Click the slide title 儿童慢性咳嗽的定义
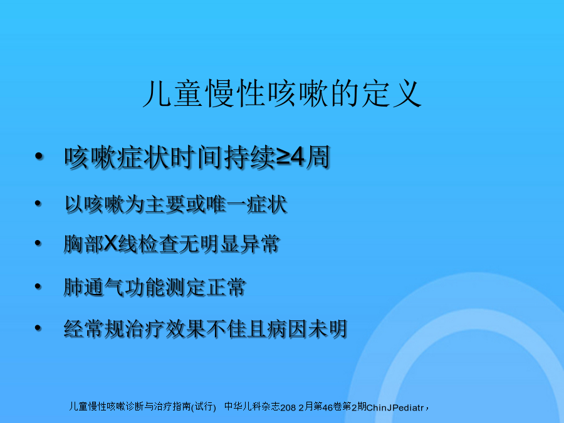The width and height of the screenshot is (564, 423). (x=282, y=93)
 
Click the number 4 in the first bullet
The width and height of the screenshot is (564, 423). (x=298, y=157)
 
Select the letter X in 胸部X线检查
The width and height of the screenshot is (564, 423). (x=110, y=244)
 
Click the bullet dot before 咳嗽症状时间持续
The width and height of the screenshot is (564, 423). (x=39, y=156)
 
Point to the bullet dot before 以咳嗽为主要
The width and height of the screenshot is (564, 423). (x=38, y=204)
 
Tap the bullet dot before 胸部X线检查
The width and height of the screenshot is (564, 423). (x=38, y=243)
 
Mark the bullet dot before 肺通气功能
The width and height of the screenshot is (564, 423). (x=38, y=286)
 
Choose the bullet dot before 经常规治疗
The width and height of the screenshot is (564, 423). (x=38, y=328)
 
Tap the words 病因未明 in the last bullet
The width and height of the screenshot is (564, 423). (x=307, y=329)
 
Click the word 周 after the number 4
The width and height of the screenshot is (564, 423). (x=318, y=157)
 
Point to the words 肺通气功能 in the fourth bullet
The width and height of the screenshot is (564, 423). (x=114, y=287)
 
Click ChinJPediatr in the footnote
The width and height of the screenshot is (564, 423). (x=395, y=407)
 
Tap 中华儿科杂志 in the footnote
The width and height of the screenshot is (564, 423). (x=252, y=407)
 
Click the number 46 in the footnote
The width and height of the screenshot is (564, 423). (x=328, y=407)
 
